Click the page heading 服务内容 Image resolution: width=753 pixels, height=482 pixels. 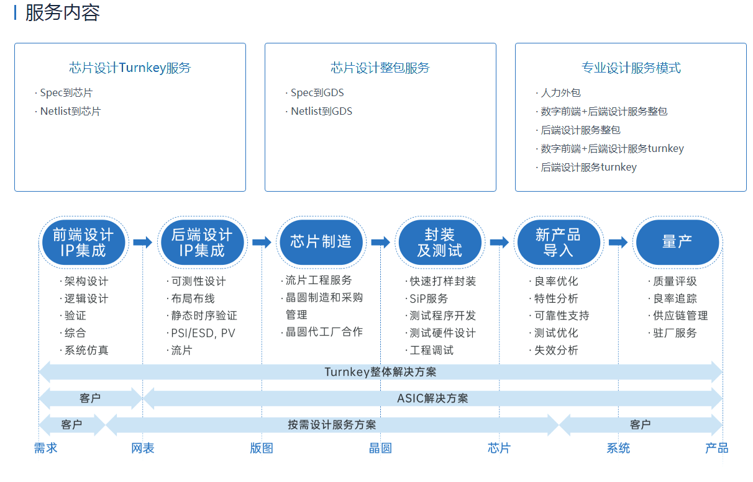click(x=63, y=13)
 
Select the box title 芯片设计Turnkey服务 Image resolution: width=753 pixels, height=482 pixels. click(x=130, y=68)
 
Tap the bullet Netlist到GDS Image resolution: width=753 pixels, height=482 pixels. click(x=321, y=111)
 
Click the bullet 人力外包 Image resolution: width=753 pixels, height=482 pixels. click(x=560, y=92)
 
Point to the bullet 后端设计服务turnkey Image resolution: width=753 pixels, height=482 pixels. click(x=588, y=167)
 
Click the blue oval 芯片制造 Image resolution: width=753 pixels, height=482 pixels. click(x=321, y=242)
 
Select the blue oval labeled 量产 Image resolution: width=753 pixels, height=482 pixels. click(x=677, y=242)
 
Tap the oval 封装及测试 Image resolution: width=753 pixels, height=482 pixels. click(x=440, y=242)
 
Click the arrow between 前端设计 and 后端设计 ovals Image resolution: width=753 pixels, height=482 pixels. click(x=142, y=242)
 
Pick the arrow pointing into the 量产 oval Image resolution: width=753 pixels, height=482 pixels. click(x=618, y=242)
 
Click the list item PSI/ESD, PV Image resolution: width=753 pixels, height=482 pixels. click(x=203, y=333)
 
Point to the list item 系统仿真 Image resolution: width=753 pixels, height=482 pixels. click(x=86, y=350)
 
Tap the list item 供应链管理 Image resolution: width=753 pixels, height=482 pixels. click(x=680, y=316)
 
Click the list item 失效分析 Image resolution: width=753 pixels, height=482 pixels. click(x=556, y=350)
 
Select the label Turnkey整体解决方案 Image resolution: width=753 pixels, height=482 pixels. click(x=380, y=372)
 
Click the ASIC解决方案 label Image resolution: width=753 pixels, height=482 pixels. click(x=432, y=398)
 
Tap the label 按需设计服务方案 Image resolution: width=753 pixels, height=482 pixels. click(x=332, y=425)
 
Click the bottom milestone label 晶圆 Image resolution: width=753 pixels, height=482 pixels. click(x=380, y=448)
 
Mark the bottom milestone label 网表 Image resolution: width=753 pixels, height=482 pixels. click(x=142, y=448)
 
